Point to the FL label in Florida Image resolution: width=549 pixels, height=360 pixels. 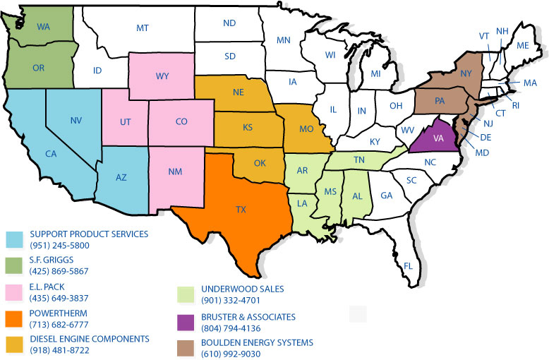pyautogui.click(x=409, y=265)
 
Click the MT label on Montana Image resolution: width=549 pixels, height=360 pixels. pyautogui.click(x=143, y=28)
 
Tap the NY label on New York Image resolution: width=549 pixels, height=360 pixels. pyautogui.click(x=465, y=73)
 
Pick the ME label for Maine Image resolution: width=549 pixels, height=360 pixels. pyautogui.click(x=523, y=45)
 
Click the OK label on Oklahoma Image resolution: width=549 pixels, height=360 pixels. pyautogui.click(x=260, y=164)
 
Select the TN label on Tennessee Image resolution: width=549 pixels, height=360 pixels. pyautogui.click(x=359, y=160)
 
